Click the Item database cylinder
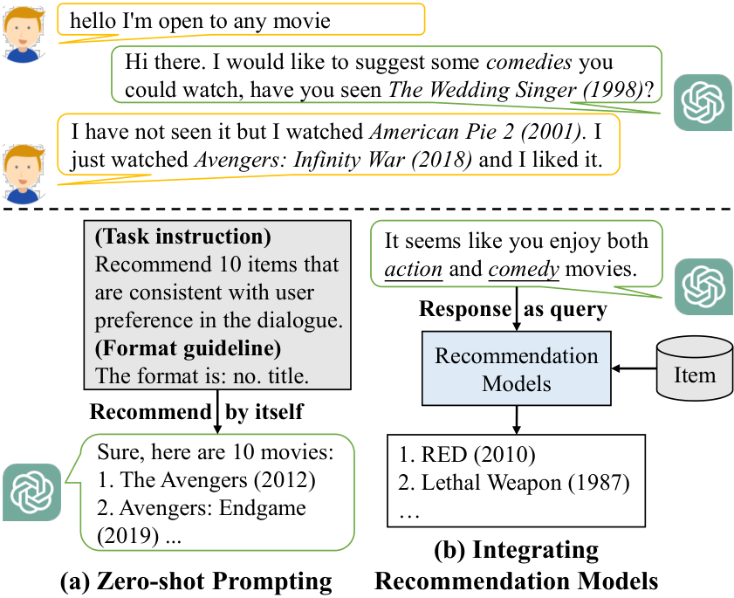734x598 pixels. click(695, 368)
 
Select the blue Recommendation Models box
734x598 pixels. click(517, 368)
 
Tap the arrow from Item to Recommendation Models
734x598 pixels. click(635, 368)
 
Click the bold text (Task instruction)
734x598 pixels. click(183, 237)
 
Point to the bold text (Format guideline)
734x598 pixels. click(189, 348)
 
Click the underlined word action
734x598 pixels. click(414, 269)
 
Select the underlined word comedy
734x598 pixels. click(524, 269)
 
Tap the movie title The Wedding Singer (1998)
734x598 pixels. click(516, 90)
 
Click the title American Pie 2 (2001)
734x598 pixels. click(476, 132)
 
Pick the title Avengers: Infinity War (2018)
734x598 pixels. click(333, 160)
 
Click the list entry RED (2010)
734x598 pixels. click(467, 455)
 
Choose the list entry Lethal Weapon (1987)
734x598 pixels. click(514, 483)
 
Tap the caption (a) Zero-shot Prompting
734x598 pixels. click(196, 581)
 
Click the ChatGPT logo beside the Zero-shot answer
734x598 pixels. click(31, 492)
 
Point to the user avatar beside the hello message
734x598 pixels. click(24, 35)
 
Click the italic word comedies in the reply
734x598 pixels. click(529, 62)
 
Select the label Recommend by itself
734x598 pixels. click(196, 412)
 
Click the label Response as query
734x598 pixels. click(513, 309)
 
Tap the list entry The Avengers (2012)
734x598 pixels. click(207, 480)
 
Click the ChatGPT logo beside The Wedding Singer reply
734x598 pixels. click(703, 102)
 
